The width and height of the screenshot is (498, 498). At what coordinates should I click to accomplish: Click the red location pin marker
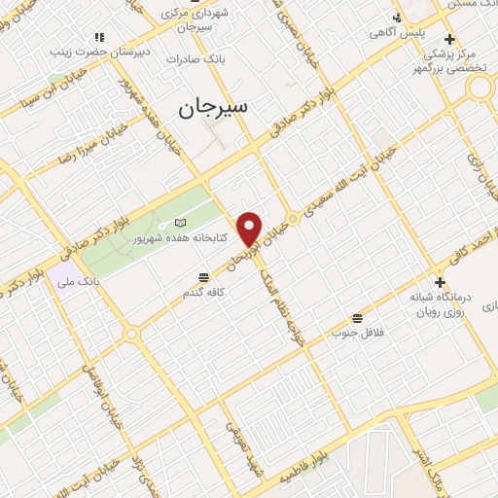tap(251, 229)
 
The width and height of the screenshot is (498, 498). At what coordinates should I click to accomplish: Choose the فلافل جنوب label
tap(360, 334)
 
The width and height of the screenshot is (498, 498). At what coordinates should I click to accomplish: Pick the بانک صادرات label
tap(196, 58)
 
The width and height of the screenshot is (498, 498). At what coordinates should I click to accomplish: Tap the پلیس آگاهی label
tap(392, 33)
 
